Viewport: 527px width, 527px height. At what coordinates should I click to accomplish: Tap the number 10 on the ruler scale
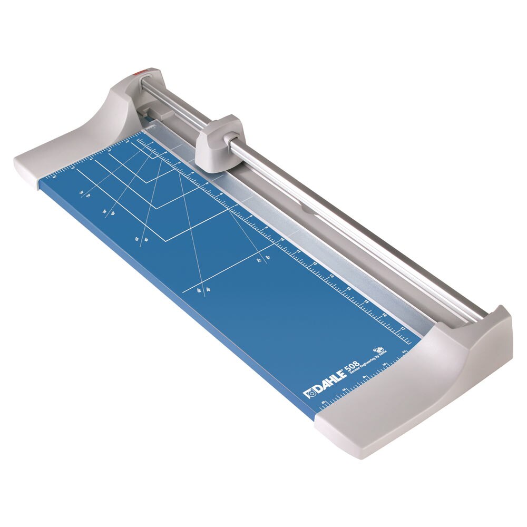[x=282, y=240]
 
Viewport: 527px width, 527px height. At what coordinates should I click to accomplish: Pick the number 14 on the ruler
[x=349, y=289]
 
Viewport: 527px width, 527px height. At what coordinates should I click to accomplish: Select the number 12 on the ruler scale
[x=315, y=264]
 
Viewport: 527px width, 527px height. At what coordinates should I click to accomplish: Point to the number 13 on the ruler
[x=332, y=277]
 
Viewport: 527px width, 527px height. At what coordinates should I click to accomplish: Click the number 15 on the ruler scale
[x=367, y=302]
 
